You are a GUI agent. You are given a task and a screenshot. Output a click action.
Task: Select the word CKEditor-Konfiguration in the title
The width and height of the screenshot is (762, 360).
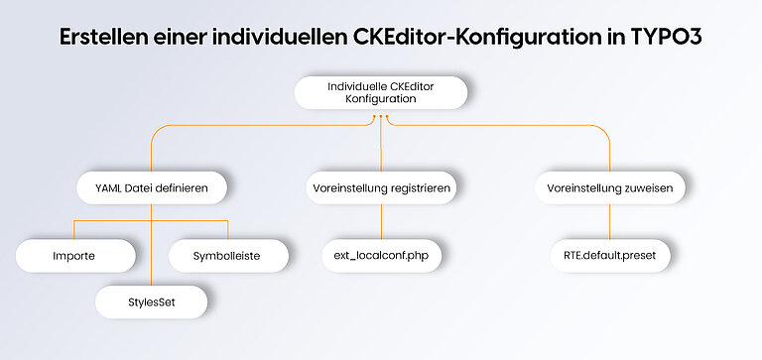point(474,38)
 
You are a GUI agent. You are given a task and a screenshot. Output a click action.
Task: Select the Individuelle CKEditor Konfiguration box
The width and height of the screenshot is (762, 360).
point(381,93)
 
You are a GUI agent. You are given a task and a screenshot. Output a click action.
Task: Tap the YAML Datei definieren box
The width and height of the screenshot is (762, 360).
point(152,187)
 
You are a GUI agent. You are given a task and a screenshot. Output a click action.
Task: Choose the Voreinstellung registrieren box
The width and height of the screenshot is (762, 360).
point(381,187)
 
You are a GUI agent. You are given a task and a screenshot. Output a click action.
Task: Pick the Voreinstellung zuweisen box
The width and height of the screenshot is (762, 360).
point(609,187)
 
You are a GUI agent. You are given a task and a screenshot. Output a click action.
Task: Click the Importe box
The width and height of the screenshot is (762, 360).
point(74,256)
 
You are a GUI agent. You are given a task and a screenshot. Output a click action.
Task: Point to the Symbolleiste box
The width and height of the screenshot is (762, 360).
point(227,256)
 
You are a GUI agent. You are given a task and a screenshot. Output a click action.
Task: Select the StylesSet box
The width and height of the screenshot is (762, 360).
point(152,300)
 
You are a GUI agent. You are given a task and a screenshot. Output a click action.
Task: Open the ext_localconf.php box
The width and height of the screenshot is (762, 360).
point(381,256)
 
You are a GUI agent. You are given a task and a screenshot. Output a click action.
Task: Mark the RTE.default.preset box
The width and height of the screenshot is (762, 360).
point(609,256)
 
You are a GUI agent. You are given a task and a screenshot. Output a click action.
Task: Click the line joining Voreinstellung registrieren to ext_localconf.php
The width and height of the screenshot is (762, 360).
point(381,221)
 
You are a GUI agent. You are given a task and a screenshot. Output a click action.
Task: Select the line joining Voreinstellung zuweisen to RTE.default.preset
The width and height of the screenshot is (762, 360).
point(609,221)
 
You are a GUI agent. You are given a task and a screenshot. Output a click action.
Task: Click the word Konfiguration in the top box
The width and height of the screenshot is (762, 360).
point(381,100)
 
